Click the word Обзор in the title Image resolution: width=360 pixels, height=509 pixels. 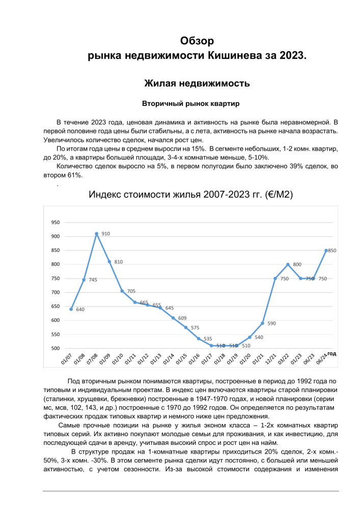click(x=198, y=41)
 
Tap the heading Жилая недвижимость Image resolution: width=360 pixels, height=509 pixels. click(x=197, y=83)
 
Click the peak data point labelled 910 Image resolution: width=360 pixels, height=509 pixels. click(x=96, y=234)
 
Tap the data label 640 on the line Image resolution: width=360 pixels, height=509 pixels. click(x=80, y=309)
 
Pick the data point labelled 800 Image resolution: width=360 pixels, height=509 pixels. click(x=288, y=265)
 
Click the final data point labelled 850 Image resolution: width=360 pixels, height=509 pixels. click(x=326, y=250)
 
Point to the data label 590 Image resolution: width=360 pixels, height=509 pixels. click(x=271, y=323)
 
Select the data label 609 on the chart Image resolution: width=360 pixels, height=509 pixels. click(x=182, y=318)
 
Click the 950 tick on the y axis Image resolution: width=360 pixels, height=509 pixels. click(x=55, y=222)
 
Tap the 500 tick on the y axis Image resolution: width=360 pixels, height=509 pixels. click(x=55, y=348)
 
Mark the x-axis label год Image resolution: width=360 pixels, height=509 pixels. click(x=331, y=353)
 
